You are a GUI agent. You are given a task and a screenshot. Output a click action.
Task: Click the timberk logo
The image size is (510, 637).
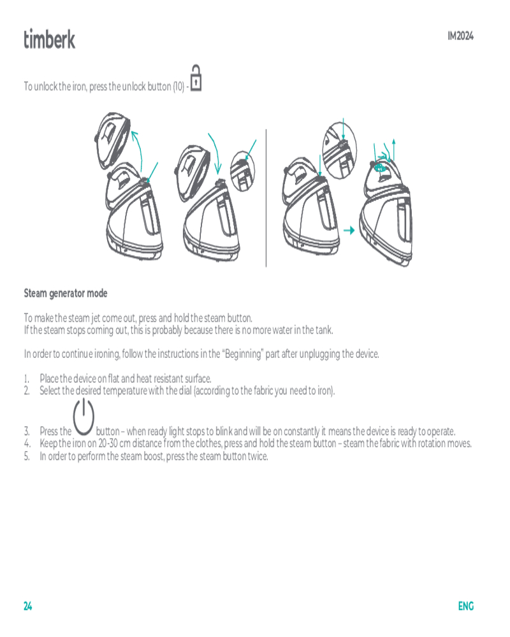point(49,39)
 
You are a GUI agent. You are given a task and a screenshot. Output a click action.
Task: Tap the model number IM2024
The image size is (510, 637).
point(460,36)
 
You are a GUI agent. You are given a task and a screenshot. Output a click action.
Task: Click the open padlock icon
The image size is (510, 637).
point(196,78)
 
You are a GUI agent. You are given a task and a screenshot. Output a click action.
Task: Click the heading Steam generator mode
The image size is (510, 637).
point(66,293)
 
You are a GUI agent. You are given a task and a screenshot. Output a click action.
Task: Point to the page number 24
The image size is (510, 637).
point(27,606)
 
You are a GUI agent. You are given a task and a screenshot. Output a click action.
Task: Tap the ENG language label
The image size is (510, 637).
point(466,606)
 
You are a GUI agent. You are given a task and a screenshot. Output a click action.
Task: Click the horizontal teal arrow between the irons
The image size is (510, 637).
point(349,231)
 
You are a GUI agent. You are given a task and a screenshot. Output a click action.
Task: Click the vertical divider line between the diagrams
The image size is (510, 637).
point(266,198)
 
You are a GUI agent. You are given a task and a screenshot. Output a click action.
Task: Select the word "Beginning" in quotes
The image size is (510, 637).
point(243,354)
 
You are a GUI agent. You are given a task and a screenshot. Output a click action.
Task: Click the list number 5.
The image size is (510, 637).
point(26,456)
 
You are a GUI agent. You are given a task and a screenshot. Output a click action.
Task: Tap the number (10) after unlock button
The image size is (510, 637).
point(178,87)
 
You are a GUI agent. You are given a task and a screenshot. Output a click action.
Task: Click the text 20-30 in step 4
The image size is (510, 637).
point(108,443)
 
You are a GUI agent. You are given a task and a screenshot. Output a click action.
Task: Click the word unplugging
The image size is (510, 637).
point(319,354)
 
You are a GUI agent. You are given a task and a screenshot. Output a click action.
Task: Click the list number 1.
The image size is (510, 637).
point(26,379)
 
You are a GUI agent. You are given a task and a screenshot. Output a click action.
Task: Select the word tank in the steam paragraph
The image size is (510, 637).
point(324,330)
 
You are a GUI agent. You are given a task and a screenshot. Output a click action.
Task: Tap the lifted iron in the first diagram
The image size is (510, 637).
point(112,140)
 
